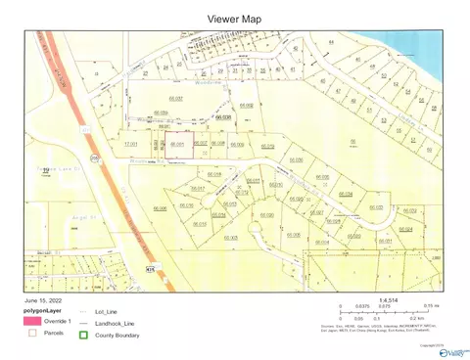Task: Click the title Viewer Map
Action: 234,19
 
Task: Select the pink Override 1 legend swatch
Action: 32,321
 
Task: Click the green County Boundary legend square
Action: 85,336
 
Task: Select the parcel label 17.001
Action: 130,145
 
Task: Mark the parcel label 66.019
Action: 216,175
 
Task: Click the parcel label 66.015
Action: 200,224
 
